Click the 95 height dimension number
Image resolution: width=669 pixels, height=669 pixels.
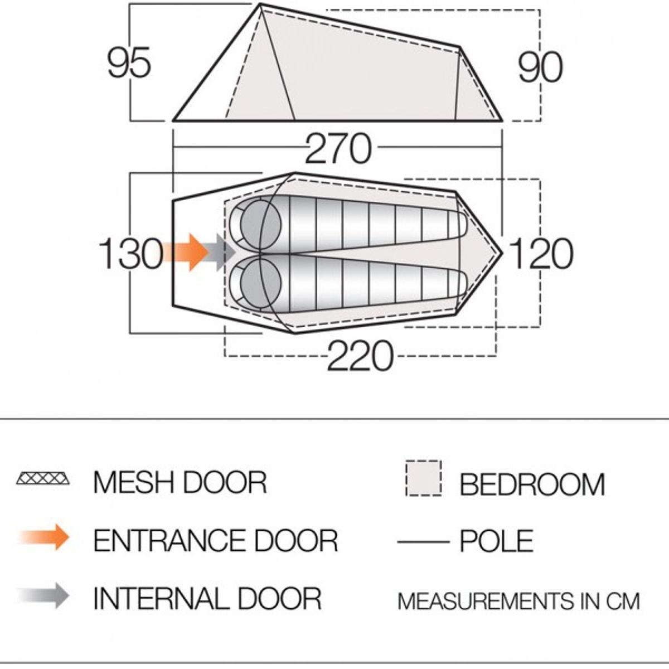[129, 62]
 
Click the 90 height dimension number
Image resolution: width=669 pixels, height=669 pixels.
[540, 67]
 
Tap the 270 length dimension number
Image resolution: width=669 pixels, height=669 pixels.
[338, 149]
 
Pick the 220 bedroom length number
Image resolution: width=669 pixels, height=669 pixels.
[360, 355]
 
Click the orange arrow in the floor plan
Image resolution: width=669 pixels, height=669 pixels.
[187, 252]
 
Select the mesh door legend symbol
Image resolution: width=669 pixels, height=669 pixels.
[43, 478]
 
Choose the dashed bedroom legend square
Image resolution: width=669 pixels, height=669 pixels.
[424, 478]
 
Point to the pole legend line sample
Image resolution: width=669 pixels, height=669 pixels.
[423, 541]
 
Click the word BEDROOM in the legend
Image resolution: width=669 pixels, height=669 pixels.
[532, 484]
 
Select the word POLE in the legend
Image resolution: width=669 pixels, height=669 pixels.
[497, 541]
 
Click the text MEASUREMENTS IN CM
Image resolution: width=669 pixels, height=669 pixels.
[518, 601]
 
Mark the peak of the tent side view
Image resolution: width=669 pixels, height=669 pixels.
[261, 4]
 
